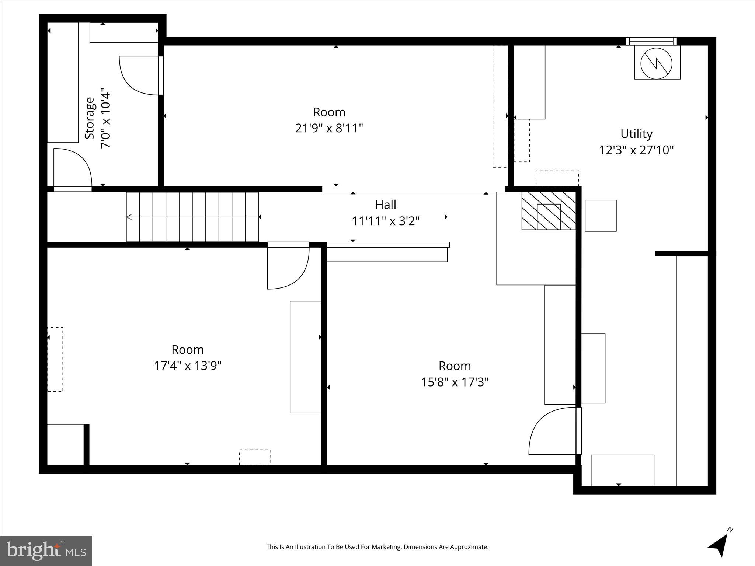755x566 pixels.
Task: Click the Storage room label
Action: [90, 118]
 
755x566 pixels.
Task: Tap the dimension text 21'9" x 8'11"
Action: [329, 128]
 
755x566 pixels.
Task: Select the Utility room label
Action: [636, 134]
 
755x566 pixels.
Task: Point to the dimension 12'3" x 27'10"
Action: [636, 150]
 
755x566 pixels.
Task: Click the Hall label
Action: [386, 205]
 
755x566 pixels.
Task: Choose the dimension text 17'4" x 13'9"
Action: [188, 366]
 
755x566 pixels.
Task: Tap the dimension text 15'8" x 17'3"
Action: [455, 382]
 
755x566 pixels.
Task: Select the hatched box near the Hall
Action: [549, 211]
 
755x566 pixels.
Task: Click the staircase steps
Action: [192, 217]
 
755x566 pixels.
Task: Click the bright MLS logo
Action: [46, 551]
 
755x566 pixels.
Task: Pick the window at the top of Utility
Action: [651, 41]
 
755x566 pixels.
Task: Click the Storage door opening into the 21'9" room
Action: [140, 76]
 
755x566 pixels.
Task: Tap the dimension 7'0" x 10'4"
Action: [106, 118]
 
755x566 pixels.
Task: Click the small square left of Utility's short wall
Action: [601, 216]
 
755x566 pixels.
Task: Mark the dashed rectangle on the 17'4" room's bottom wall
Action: [255, 457]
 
